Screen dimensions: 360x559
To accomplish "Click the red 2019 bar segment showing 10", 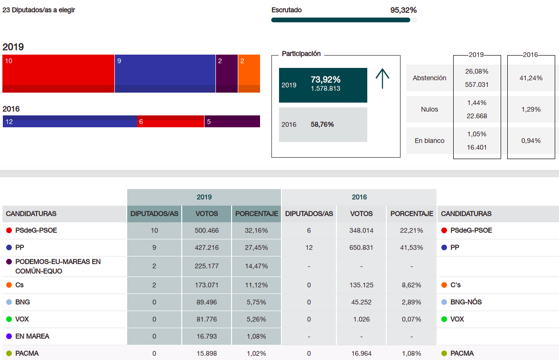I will pyautogui.click(x=58, y=74).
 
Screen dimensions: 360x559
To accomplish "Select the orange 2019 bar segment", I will pyautogui.click(x=249, y=74).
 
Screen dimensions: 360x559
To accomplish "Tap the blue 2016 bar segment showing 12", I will pyautogui.click(x=70, y=122).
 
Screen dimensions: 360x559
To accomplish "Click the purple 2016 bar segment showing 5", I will pyautogui.click(x=232, y=122).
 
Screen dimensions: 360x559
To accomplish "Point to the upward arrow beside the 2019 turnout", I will pyautogui.click(x=382, y=78).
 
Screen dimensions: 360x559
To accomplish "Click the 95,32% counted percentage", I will pyautogui.click(x=403, y=10).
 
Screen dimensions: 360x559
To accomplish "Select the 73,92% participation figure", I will pyautogui.click(x=326, y=79).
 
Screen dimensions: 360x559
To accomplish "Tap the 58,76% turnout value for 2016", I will pyautogui.click(x=322, y=124).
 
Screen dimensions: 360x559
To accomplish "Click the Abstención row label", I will pyautogui.click(x=429, y=78).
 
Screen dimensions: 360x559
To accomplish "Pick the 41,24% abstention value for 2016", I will pyautogui.click(x=531, y=78).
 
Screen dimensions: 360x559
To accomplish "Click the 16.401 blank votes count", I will pyautogui.click(x=477, y=147).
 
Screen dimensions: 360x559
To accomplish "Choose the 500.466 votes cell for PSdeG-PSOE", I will pyautogui.click(x=206, y=230).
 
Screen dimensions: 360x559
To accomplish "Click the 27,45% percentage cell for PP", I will pyautogui.click(x=256, y=247).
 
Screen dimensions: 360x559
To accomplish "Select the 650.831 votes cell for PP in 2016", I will pyautogui.click(x=361, y=247).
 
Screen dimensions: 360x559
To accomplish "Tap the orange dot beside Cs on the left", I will pyautogui.click(x=9, y=285).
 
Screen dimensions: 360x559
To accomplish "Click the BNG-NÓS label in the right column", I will pyautogui.click(x=466, y=302).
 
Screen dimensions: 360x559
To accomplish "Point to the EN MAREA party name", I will pyautogui.click(x=32, y=336).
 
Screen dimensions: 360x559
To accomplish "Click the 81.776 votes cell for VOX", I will pyautogui.click(x=206, y=319).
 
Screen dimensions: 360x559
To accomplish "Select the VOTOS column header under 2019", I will pyautogui.click(x=206, y=214).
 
